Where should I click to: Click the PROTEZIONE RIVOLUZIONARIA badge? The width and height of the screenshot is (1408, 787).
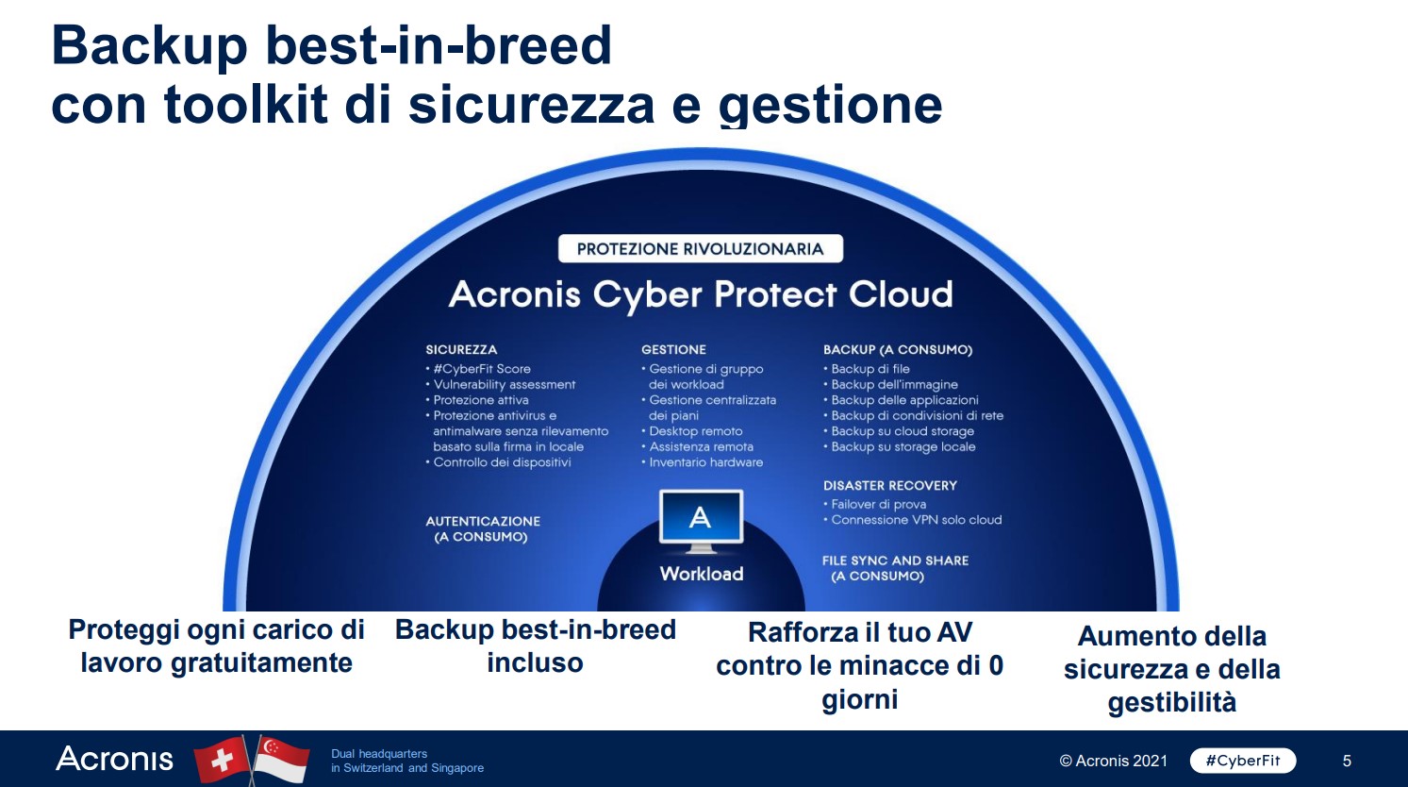tap(701, 248)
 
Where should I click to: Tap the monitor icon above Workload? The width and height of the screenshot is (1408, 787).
tap(701, 522)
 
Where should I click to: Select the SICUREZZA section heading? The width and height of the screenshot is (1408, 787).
tap(461, 350)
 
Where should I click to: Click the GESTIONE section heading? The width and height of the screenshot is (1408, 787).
tap(674, 350)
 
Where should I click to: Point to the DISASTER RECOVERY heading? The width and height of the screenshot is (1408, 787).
tap(890, 486)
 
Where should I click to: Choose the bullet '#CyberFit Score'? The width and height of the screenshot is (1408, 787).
tap(478, 369)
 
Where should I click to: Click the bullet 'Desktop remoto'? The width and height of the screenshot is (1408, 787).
tap(692, 431)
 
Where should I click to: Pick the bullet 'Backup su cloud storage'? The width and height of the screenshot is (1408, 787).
tap(899, 431)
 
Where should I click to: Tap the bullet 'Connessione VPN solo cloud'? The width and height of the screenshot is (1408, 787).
tap(913, 520)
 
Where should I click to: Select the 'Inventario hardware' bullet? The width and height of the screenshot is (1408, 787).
tap(703, 462)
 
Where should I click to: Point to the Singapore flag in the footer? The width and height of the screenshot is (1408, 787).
tap(280, 760)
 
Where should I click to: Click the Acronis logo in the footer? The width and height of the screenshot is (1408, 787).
tap(114, 759)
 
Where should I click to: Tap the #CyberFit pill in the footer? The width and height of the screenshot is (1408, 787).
tap(1243, 761)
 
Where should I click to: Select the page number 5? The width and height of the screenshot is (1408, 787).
tap(1347, 762)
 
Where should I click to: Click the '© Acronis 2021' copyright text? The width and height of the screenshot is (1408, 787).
tap(1113, 762)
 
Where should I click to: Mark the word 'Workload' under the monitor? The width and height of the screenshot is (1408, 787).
tap(702, 574)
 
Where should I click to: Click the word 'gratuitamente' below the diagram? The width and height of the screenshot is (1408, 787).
tap(261, 663)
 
